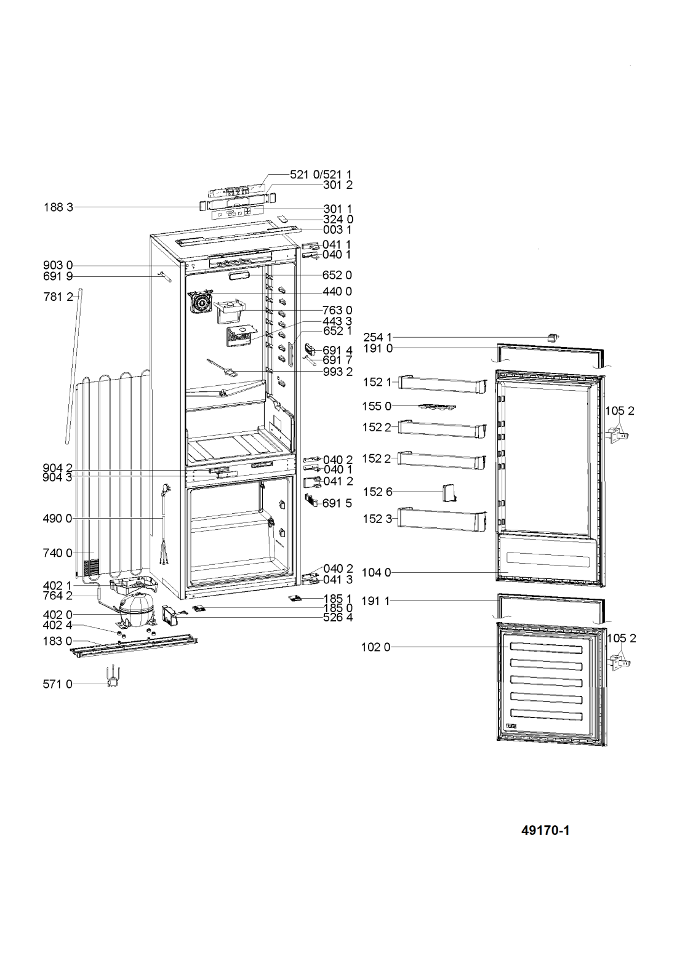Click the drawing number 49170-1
(x=545, y=831)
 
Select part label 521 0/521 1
(x=321, y=175)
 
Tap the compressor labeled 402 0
(x=137, y=610)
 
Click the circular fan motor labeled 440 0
(x=200, y=302)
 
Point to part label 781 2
(x=58, y=297)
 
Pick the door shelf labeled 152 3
(x=443, y=519)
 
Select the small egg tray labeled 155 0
(x=437, y=407)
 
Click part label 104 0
(x=376, y=573)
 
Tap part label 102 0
(x=376, y=647)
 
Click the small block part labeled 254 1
(x=553, y=337)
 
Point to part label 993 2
(x=338, y=372)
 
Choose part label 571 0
(x=58, y=684)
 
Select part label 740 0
(x=58, y=553)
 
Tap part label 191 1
(x=376, y=601)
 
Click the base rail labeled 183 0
(x=134, y=646)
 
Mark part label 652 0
(x=337, y=275)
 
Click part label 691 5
(x=337, y=503)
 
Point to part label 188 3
(x=58, y=207)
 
